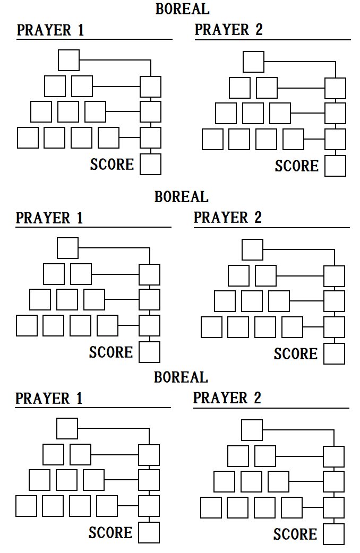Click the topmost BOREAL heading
coord(182,9)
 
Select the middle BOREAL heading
coord(181,196)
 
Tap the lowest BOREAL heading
coord(181,377)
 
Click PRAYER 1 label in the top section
coord(50,30)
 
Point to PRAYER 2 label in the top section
coord(228,30)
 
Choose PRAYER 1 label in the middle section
coord(49,218)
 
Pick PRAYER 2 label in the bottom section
coord(227,398)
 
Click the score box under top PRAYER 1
coord(150,165)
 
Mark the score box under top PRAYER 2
coord(335,166)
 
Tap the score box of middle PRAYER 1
coord(149,352)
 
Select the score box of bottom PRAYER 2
coord(333,534)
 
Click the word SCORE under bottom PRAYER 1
coord(110,533)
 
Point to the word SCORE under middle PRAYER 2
coord(296,353)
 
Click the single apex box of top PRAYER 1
coord(68,60)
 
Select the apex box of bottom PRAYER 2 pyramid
coord(252,430)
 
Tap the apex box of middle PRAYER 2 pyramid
coord(252,250)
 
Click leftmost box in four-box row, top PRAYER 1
coord(28,138)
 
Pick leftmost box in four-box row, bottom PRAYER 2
coord(211,508)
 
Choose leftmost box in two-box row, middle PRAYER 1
coord(54,274)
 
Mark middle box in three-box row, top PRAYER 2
coord(253,114)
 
